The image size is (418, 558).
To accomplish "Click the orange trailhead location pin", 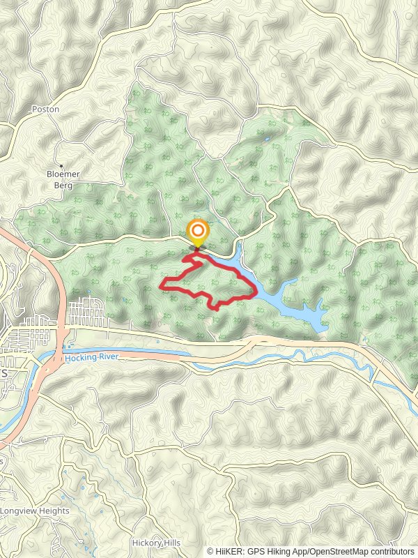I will (x=198, y=232).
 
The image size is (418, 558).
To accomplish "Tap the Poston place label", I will (x=46, y=110).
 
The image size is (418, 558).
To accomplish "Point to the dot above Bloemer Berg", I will (x=61, y=165).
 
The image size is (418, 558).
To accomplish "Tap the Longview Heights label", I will (x=35, y=511).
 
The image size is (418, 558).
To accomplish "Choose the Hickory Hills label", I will (x=156, y=543).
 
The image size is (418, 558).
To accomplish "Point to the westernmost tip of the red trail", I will (x=162, y=285).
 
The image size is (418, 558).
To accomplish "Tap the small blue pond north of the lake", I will (x=267, y=139).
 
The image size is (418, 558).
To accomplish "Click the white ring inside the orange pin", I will (x=198, y=230).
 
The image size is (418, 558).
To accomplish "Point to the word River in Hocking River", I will (x=111, y=358).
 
